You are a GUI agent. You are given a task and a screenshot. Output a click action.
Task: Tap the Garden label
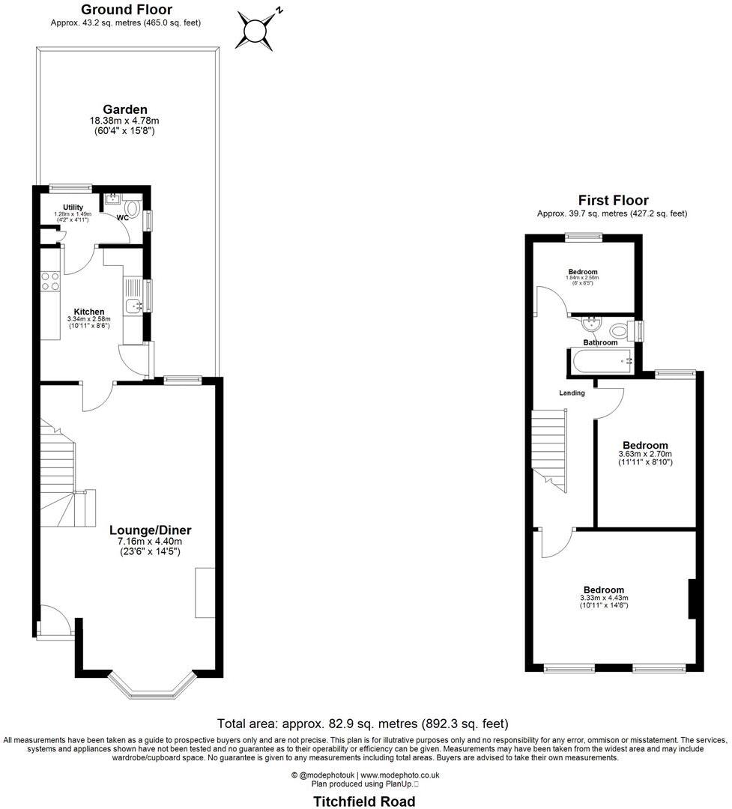125,109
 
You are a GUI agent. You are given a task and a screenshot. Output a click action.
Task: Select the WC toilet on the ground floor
133,207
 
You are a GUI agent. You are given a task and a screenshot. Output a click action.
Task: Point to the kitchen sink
133,305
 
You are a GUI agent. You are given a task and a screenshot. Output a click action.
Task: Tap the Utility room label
73,207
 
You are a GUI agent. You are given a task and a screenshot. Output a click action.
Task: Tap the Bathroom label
601,342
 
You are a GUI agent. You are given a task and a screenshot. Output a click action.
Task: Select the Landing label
572,393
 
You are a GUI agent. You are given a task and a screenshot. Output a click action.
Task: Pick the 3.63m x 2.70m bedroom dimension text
644,454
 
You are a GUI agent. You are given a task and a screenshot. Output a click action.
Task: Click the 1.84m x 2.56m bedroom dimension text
582,278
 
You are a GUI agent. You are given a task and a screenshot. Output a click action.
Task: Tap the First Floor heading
613,200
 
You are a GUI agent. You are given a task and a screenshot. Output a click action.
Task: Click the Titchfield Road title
364,802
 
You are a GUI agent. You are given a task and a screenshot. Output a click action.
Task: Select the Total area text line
363,724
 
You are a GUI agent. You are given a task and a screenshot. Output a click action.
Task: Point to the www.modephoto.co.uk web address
400,775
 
